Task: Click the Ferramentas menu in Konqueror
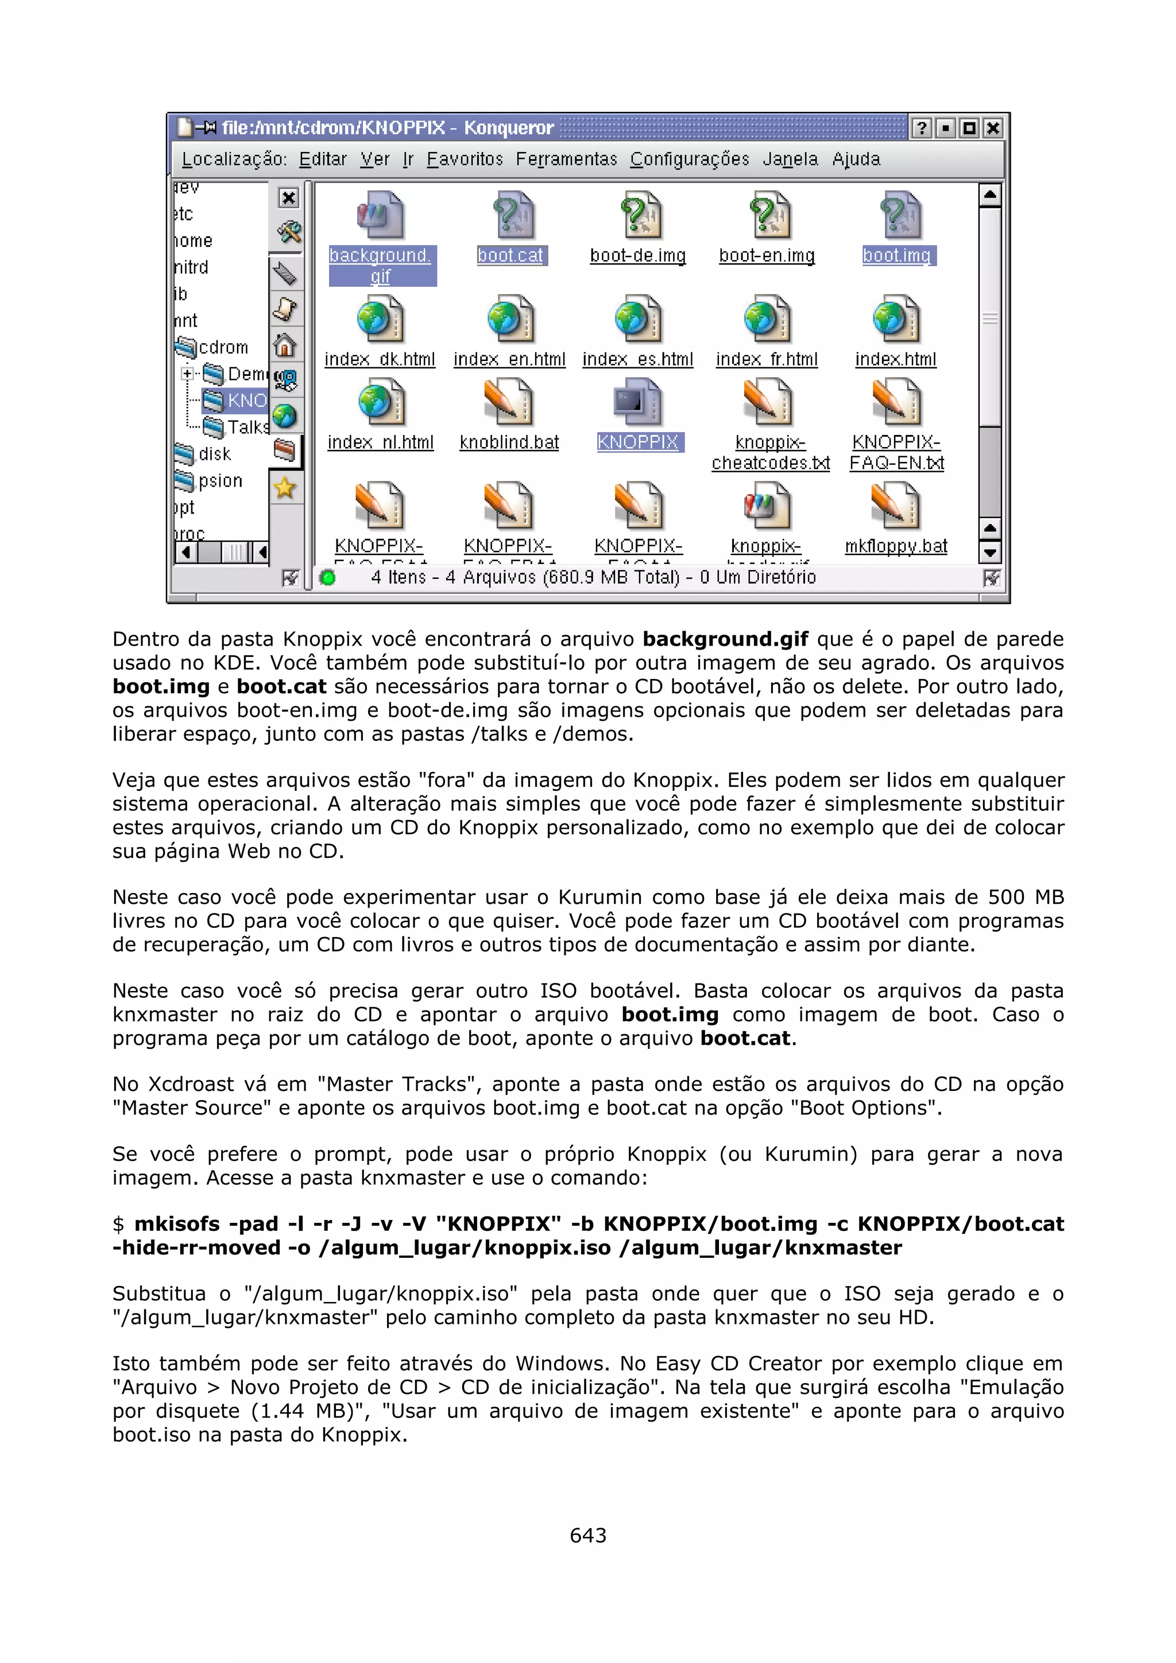[566, 160]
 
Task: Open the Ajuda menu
[856, 160]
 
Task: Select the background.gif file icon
[380, 215]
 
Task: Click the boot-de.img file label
[637, 256]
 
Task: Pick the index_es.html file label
[637, 360]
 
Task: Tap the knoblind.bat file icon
[509, 403]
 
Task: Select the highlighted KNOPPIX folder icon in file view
[637, 403]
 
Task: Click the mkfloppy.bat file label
[896, 546]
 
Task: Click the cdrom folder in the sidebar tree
[222, 348]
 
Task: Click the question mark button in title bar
[921, 128]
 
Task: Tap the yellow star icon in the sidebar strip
[285, 488]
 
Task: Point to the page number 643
[587, 1536]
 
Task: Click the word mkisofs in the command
[176, 1224]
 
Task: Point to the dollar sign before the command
[119, 1224]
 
